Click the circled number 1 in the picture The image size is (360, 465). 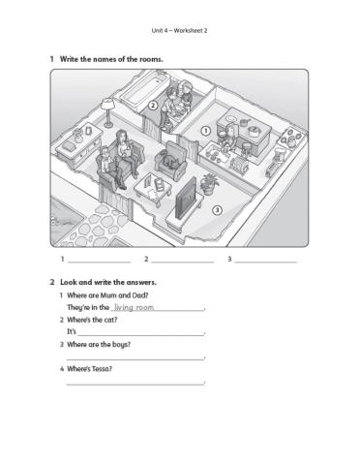(206, 129)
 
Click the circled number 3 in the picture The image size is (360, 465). (217, 209)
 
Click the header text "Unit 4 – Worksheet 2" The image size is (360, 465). (180, 30)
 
